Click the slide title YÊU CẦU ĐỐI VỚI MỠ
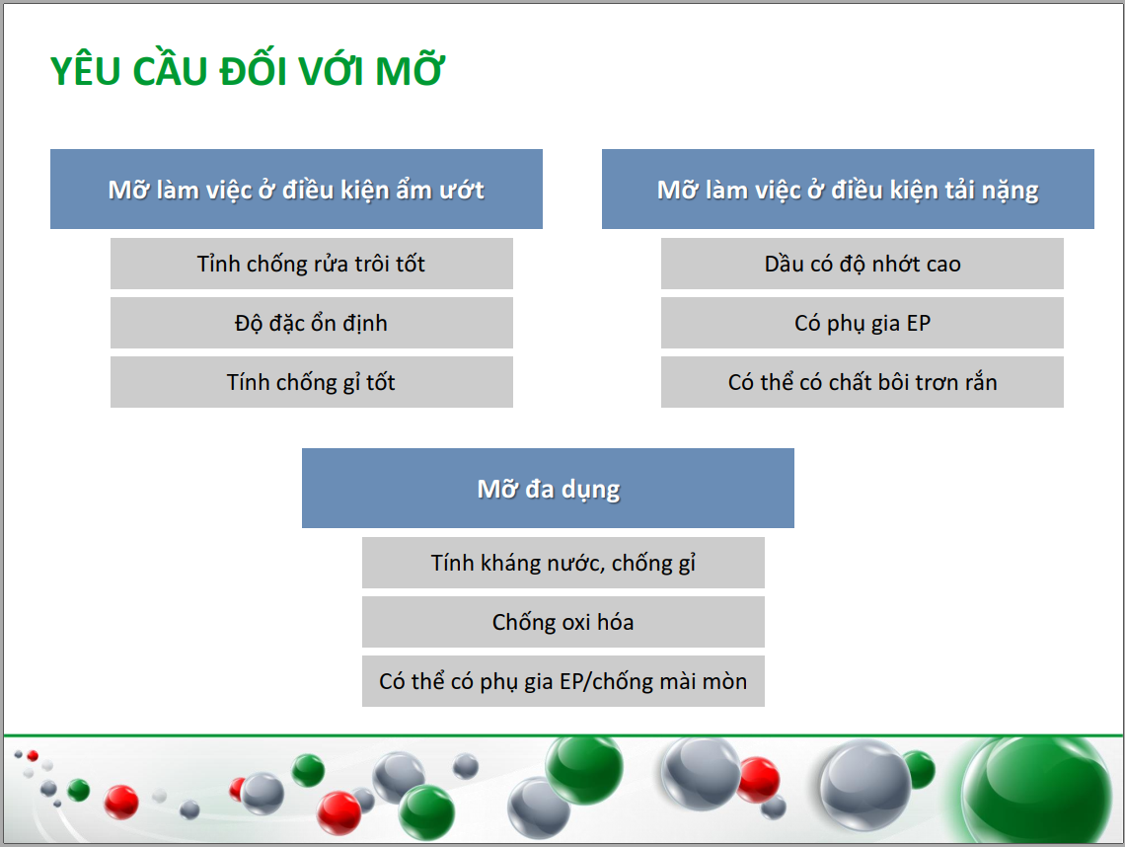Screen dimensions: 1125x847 [248, 70]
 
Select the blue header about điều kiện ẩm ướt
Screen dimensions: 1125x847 [296, 190]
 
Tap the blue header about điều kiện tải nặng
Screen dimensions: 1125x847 [848, 190]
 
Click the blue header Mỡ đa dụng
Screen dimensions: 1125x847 [548, 488]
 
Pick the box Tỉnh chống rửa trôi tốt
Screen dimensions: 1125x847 [312, 264]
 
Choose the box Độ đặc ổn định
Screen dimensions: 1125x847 [312, 323]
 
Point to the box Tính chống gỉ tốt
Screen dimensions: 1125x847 [312, 382]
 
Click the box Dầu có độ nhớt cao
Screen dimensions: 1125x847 [862, 264]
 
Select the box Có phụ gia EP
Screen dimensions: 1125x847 [862, 323]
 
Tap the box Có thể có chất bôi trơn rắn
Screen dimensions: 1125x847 [862, 382]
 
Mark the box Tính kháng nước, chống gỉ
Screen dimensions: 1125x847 [563, 563]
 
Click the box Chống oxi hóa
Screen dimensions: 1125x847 [563, 622]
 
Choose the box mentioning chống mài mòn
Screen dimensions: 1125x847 [563, 681]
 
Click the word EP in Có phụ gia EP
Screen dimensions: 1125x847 [919, 323]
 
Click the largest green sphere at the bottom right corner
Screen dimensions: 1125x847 [1037, 790]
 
